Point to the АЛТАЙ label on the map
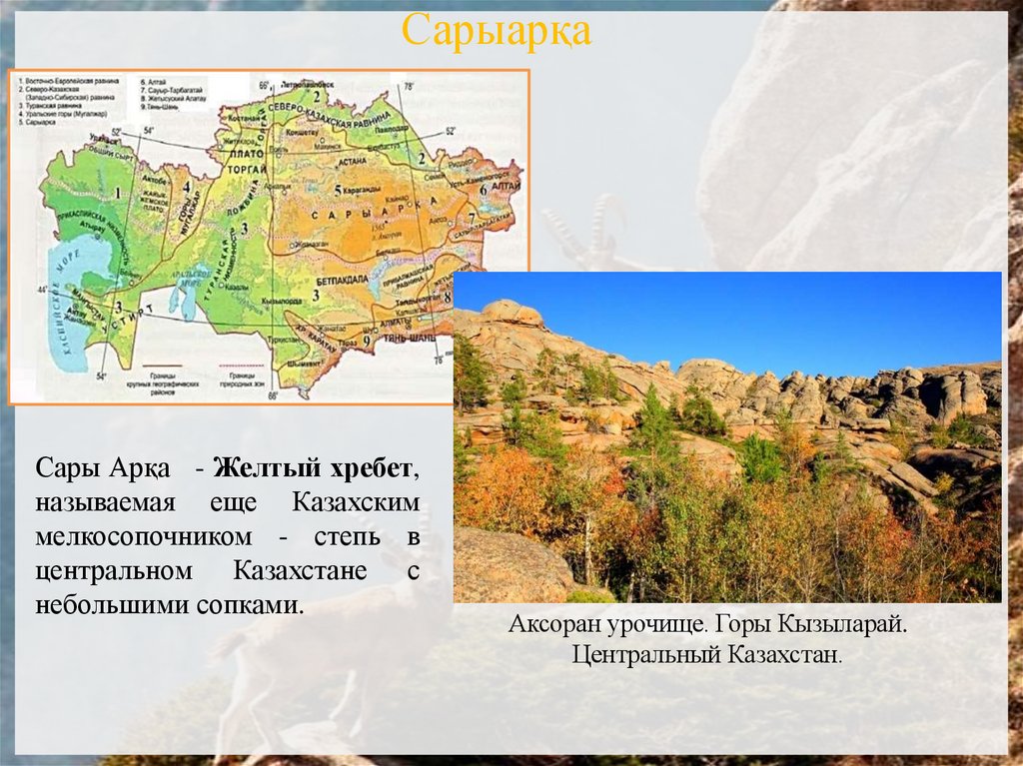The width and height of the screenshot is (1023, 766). [x=506, y=187]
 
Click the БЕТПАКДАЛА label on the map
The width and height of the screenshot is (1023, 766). [x=345, y=282]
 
